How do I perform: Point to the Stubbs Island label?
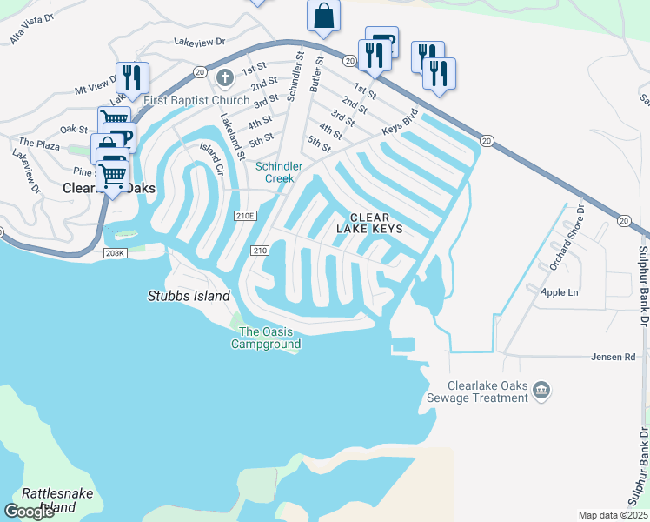pyautogui.click(x=189, y=296)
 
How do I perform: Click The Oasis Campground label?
pyautogui.click(x=269, y=338)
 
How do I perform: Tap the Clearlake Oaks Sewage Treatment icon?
pyautogui.click(x=541, y=390)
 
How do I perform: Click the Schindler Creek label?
pyautogui.click(x=278, y=171)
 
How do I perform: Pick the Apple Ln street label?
pyautogui.click(x=560, y=292)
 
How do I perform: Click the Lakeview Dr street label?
pyautogui.click(x=199, y=41)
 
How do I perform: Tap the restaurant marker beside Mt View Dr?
pyautogui.click(x=132, y=77)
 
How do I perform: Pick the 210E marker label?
pyautogui.click(x=245, y=216)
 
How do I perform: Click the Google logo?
pyautogui.click(x=30, y=512)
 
